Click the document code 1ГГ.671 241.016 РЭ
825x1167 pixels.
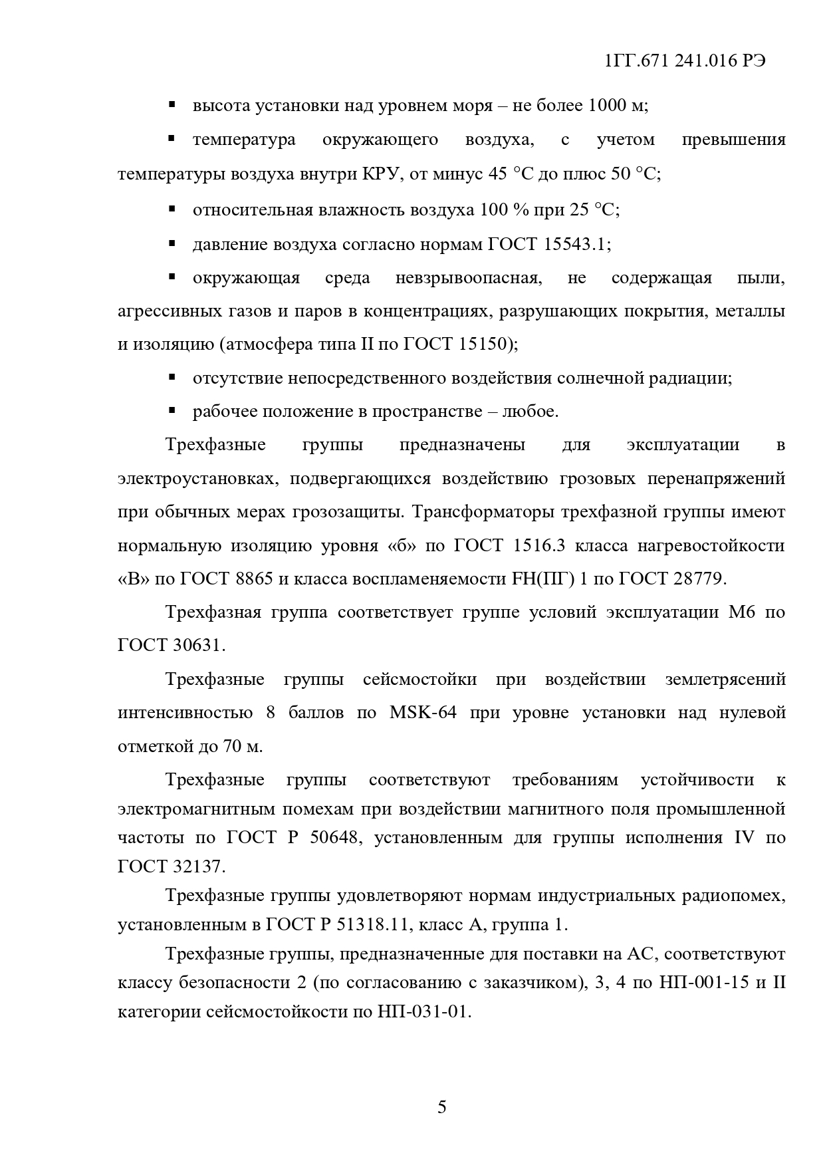[x=685, y=61]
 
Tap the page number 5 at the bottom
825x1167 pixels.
[x=442, y=1107]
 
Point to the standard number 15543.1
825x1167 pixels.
[x=575, y=244]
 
